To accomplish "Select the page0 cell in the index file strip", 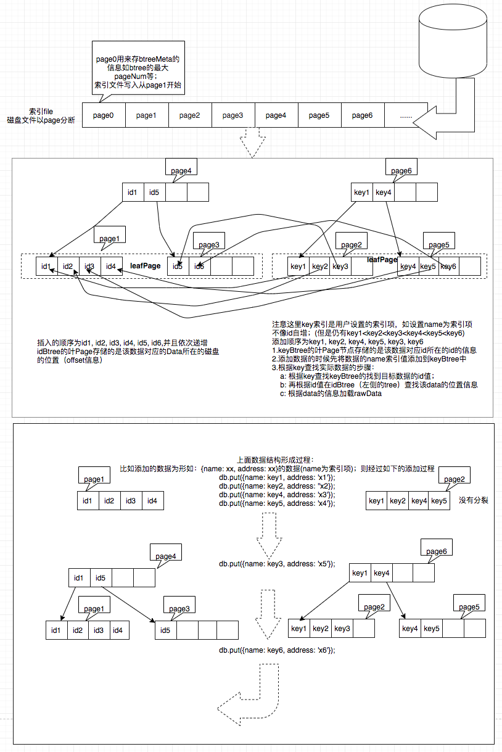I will [x=104, y=115].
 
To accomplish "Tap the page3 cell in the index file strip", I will [x=233, y=115].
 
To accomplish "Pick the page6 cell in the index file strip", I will [x=362, y=115].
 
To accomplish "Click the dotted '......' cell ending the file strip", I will [x=406, y=115].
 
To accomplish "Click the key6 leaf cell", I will [x=448, y=266].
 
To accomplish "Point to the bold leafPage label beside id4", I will [x=146, y=266].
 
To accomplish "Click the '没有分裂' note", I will [x=474, y=500].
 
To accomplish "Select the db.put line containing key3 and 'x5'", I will [x=277, y=563].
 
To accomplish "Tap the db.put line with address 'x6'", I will [x=277, y=650].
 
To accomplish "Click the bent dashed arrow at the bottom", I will [x=247, y=697].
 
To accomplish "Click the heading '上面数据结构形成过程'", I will [x=275, y=460].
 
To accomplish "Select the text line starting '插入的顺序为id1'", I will [x=126, y=342].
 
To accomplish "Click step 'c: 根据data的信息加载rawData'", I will [x=331, y=394].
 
